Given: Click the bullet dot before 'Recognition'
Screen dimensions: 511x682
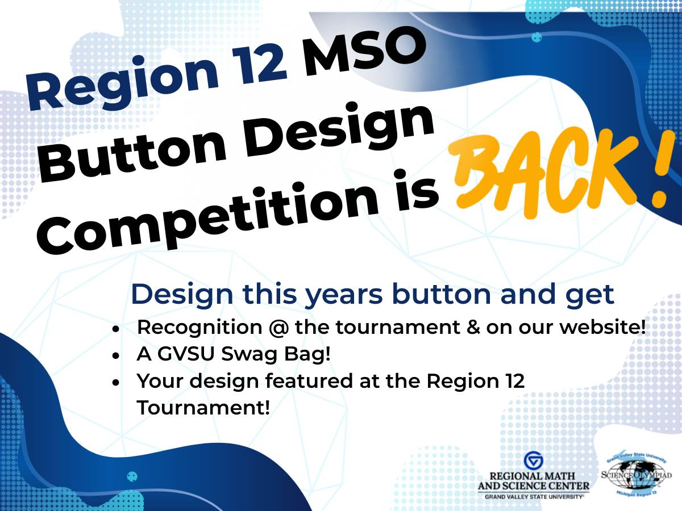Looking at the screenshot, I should [116, 329].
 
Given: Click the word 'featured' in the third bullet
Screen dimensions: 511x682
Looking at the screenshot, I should [299, 381].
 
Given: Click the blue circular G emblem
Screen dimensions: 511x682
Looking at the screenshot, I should [533, 460].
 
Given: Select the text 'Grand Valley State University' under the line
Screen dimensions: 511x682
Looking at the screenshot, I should [534, 496].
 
